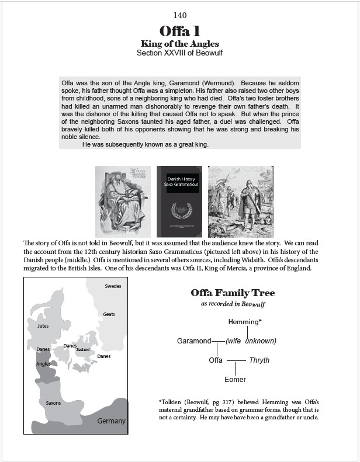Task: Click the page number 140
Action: (180, 15)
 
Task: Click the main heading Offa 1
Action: (180, 32)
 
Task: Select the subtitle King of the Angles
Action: (180, 44)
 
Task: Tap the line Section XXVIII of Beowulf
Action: (180, 53)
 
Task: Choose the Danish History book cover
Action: (179, 200)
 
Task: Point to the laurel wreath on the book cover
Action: (179, 210)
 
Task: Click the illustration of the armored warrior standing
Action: (241, 200)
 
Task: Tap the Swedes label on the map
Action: (113, 286)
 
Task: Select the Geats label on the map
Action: (109, 314)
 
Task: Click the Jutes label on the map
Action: (43, 325)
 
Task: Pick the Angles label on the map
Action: (43, 363)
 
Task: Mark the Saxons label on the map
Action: (53, 403)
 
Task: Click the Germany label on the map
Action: (111, 421)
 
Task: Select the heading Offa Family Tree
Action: (233, 293)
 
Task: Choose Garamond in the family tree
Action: (194, 341)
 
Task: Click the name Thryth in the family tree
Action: (259, 360)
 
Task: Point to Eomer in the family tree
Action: (236, 380)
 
